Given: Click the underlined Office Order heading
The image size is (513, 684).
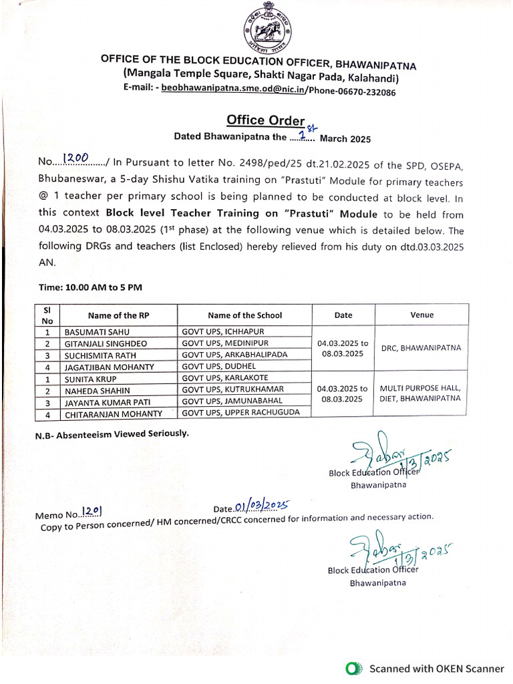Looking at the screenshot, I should pyautogui.click(x=265, y=120).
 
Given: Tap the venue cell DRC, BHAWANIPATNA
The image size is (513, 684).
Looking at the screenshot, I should pyautogui.click(x=421, y=348).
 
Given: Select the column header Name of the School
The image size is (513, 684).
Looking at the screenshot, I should pyautogui.click(x=244, y=315).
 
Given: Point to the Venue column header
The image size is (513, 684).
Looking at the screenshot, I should pyautogui.click(x=421, y=315).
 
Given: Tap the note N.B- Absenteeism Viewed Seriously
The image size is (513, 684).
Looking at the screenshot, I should pyautogui.click(x=112, y=434).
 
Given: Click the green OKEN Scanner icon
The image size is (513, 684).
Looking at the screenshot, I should pyautogui.click(x=353, y=668).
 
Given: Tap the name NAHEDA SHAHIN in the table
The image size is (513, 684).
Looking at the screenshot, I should pyautogui.click(x=97, y=390).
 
